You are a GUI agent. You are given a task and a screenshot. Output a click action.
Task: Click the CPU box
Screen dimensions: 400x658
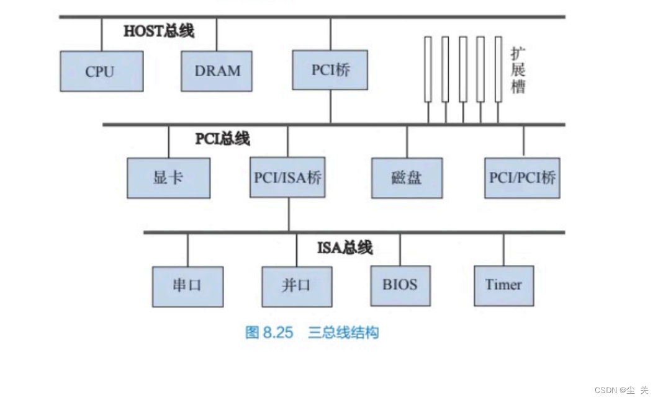[101, 71]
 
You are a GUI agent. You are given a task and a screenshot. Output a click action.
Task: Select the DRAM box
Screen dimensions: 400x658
[217, 71]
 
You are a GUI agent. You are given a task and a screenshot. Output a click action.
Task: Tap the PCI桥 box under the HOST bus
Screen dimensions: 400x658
[330, 70]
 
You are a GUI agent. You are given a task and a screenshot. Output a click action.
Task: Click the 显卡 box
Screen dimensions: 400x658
[168, 178]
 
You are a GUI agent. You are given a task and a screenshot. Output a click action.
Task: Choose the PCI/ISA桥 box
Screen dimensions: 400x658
[287, 177]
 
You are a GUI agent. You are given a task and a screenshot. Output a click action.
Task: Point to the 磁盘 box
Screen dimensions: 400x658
[407, 178]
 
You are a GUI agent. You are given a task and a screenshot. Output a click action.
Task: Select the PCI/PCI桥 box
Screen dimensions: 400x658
[522, 177]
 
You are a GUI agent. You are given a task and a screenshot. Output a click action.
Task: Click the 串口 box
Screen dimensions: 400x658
[187, 286]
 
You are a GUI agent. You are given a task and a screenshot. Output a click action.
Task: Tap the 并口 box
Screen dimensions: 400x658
[297, 287]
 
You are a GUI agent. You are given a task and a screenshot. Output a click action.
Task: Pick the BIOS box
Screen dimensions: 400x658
[400, 285]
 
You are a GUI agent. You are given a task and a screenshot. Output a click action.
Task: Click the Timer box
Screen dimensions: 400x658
[503, 285]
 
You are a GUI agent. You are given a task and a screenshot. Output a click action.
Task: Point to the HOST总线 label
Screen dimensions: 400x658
[159, 31]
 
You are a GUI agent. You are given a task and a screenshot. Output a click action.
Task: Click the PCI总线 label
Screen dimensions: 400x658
[223, 138]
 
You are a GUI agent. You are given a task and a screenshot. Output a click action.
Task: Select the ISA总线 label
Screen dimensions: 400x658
[345, 248]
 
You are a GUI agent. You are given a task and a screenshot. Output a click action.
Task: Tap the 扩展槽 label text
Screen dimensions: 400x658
[518, 69]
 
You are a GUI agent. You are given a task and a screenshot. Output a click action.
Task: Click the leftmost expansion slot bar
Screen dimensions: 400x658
[428, 69]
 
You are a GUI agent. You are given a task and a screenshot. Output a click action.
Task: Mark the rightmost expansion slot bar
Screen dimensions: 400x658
[498, 69]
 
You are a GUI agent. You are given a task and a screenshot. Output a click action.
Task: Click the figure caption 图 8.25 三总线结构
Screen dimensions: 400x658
[312, 332]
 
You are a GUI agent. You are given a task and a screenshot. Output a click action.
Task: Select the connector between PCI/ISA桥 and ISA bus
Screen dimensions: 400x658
[289, 215]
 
